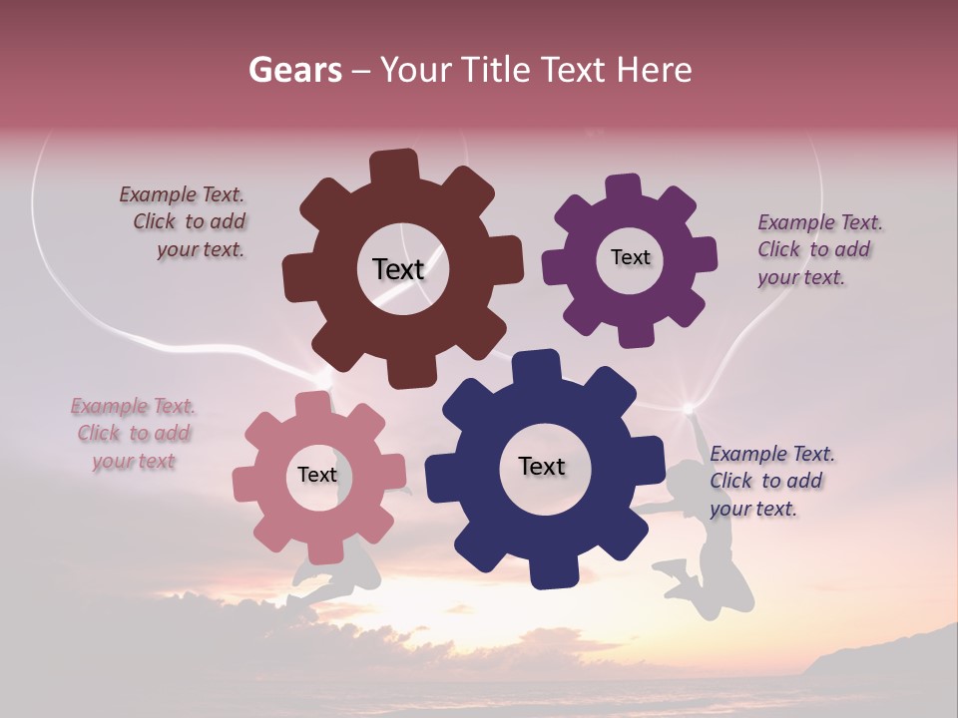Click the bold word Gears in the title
[x=294, y=70]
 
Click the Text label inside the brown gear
[x=398, y=269]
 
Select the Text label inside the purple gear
[x=630, y=257]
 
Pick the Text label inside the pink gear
[x=317, y=475]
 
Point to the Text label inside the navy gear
[x=542, y=466]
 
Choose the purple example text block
[x=818, y=250]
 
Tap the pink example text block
[x=134, y=434]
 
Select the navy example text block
[x=770, y=481]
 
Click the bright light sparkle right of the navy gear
[x=688, y=408]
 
